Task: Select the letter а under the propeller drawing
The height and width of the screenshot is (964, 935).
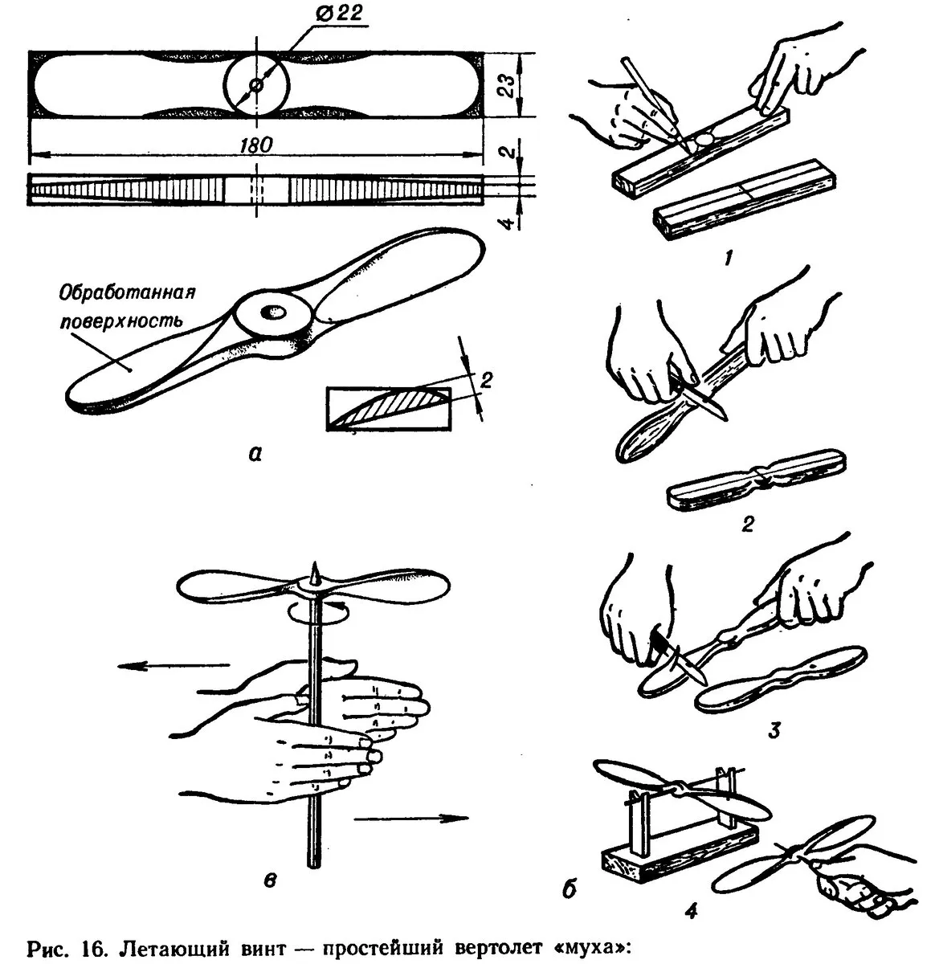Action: click(x=255, y=455)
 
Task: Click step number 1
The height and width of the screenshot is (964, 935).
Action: click(x=728, y=258)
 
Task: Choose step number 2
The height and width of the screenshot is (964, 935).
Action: click(x=748, y=526)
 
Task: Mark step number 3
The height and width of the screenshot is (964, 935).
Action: click(x=773, y=731)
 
